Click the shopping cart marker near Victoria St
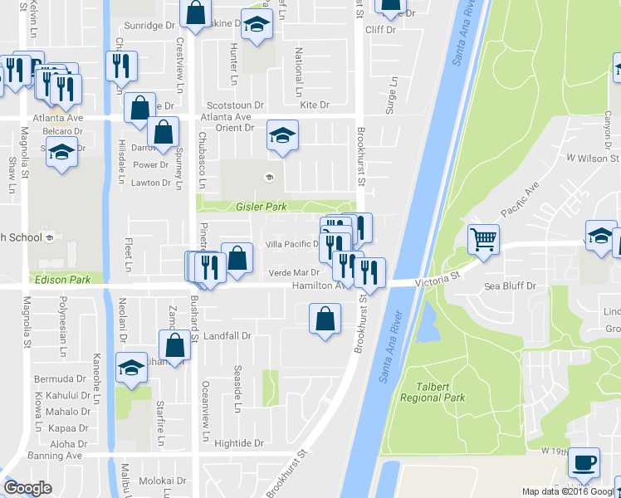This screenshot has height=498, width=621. (x=483, y=240)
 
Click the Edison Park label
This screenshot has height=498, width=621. (x=60, y=280)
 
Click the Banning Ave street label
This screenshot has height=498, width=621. (x=56, y=456)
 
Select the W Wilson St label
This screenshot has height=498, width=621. (x=593, y=158)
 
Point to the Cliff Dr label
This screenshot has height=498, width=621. (x=381, y=29)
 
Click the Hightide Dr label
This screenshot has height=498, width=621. (x=238, y=443)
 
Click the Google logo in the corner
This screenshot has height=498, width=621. (x=27, y=488)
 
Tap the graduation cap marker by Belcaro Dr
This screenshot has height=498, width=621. (x=61, y=153)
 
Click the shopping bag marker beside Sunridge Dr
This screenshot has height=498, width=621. (x=195, y=14)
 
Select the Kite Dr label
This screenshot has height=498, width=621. (x=315, y=105)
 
